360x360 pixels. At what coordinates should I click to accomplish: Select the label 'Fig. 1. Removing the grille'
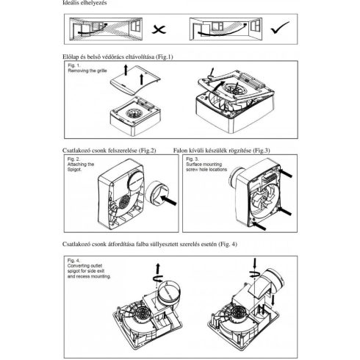click(83, 70)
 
